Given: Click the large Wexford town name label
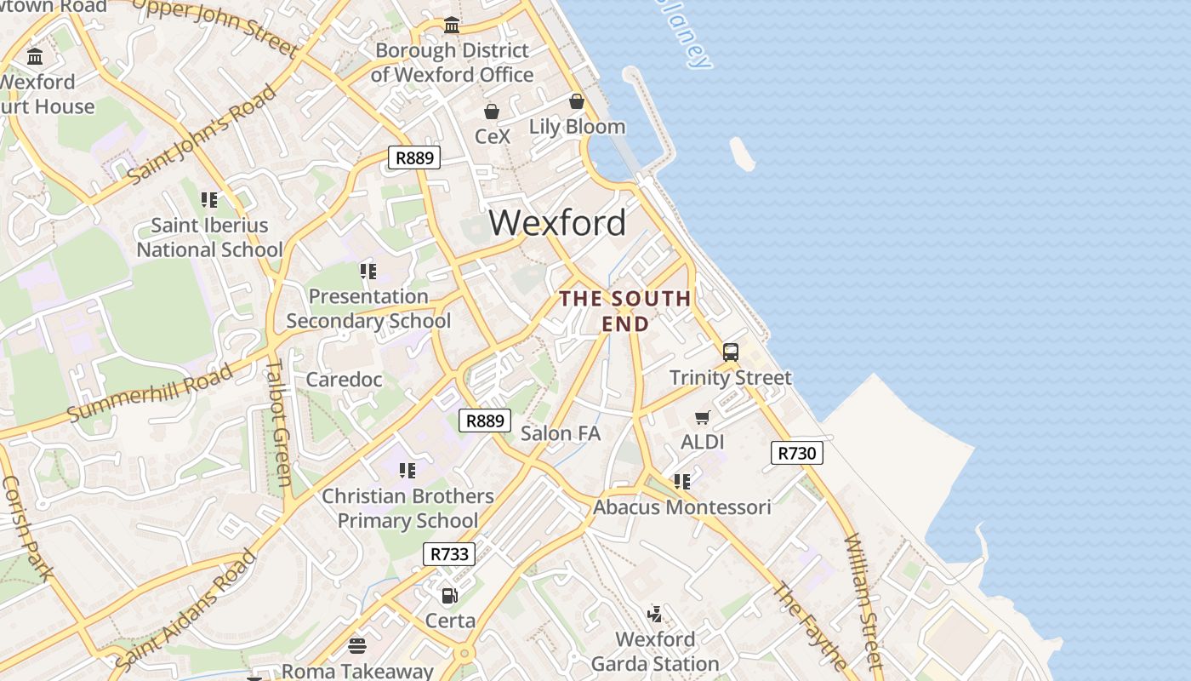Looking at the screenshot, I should (x=557, y=223).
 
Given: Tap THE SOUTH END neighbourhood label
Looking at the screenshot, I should (x=625, y=311).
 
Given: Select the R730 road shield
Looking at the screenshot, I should (x=797, y=453).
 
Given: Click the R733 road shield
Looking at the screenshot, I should (x=449, y=554).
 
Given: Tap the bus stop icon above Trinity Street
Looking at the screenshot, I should (x=730, y=352).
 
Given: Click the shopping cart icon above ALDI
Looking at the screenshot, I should (x=702, y=417).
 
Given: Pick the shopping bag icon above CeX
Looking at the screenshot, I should (x=491, y=112).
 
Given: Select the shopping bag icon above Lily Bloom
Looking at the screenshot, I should (x=577, y=102).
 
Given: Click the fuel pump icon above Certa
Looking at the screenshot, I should (x=449, y=596).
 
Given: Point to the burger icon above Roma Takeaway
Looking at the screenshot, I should (x=357, y=646).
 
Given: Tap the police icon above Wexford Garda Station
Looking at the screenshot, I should (x=654, y=614).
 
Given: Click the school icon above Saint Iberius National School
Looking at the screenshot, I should (x=209, y=200).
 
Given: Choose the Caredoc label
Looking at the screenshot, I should (x=345, y=380).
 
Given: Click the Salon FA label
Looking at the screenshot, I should (x=561, y=433).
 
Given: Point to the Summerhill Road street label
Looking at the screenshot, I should (x=150, y=392).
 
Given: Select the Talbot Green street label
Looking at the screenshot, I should (x=278, y=422).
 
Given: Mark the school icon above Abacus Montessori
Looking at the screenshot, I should (x=682, y=482).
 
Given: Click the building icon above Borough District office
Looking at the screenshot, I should (x=452, y=26).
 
